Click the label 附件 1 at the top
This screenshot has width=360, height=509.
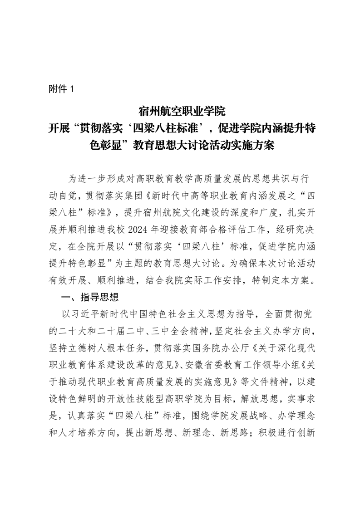[x=60, y=89]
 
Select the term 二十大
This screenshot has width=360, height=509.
[x=74, y=330]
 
